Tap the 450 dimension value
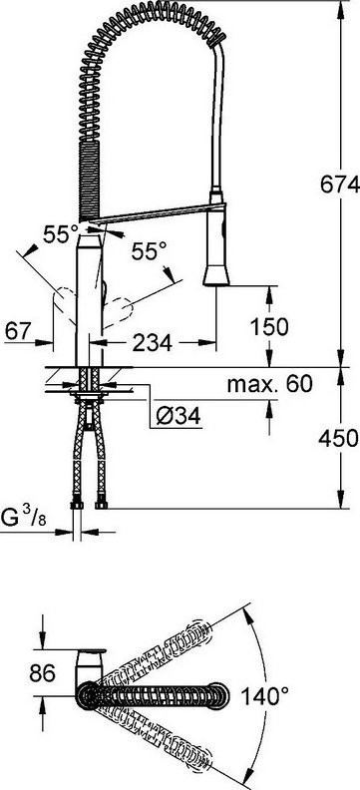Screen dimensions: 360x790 (x=338, y=438)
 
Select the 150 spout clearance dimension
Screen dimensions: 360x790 (x=269, y=327)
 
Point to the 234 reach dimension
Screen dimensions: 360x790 (x=152, y=343)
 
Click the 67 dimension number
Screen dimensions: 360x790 (x=19, y=331)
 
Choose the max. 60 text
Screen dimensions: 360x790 (x=270, y=384)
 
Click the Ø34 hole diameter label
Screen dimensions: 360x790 (x=179, y=416)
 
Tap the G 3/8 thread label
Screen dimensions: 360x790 (x=24, y=518)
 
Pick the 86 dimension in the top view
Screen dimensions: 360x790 (x=42, y=672)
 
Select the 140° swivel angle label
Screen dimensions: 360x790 (x=265, y=697)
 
